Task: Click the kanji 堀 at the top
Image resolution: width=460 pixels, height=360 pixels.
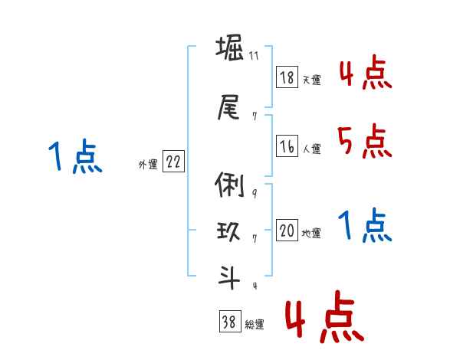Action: point(228,51)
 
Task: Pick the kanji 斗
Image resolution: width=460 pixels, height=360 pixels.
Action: point(228,277)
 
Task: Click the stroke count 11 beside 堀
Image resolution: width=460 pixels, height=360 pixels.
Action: point(254,57)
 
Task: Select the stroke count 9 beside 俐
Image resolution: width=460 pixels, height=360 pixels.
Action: point(254,194)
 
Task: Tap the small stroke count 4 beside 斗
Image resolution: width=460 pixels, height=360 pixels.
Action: point(254,286)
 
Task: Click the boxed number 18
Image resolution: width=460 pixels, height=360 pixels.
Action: point(287,78)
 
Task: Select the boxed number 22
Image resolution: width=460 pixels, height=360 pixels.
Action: point(173,162)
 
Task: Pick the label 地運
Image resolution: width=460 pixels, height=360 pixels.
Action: point(311,234)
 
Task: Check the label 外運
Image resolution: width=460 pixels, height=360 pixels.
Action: point(147,165)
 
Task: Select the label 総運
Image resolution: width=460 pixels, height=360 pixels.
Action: point(255,325)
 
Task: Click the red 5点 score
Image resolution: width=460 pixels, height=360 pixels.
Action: point(364,141)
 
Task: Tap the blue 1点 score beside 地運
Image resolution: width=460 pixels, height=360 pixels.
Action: point(365,225)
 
